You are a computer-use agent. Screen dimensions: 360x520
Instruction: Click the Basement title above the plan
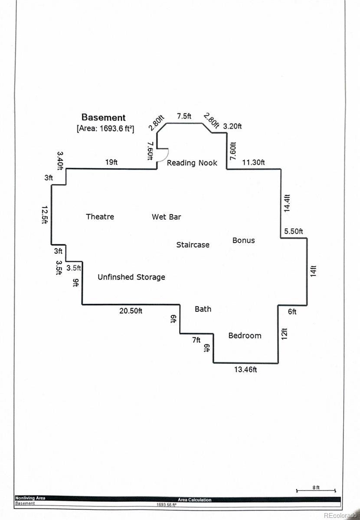(103, 117)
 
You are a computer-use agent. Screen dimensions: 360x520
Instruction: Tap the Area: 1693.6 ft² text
(105, 128)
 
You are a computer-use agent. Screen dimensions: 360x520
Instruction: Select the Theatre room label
(100, 217)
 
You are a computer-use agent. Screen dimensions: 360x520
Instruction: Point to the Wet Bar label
(167, 217)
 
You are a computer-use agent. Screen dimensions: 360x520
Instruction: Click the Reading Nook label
(192, 163)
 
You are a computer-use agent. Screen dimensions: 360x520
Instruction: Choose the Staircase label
(193, 245)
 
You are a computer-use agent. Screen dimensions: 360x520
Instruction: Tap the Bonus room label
(244, 240)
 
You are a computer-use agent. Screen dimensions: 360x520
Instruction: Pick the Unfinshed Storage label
(131, 277)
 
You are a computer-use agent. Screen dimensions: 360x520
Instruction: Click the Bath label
(203, 309)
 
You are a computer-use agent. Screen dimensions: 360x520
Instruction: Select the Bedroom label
(245, 335)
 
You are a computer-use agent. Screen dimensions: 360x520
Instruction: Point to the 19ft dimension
(111, 162)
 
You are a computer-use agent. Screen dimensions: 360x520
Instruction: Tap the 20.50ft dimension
(131, 311)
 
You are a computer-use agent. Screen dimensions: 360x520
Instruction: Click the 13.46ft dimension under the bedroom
(245, 369)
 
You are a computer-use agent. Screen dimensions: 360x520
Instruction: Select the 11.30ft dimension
(253, 162)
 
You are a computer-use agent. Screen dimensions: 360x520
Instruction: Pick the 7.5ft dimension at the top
(184, 116)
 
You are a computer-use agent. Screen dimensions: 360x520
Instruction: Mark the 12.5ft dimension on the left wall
(45, 215)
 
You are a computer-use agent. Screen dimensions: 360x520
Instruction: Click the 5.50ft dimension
(294, 231)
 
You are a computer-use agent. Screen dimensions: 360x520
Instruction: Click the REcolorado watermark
(340, 515)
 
